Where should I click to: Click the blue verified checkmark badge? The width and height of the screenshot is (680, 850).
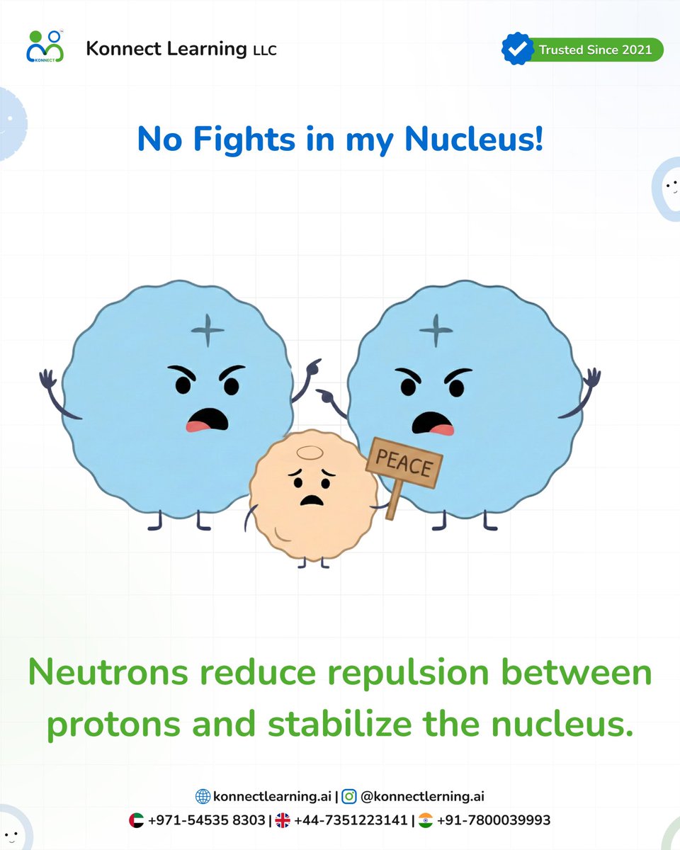pos(517,50)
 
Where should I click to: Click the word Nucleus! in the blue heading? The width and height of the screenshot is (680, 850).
pos(474,139)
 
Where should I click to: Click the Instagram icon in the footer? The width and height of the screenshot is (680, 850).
pos(349,797)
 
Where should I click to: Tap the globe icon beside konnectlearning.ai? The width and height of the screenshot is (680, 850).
pos(203,797)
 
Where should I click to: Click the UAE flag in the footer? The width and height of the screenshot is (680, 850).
pos(137,821)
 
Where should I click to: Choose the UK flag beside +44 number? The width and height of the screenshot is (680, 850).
pos(283,821)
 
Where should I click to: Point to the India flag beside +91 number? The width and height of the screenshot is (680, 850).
pos(426,821)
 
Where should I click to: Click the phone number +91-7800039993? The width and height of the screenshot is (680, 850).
pos(493,821)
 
